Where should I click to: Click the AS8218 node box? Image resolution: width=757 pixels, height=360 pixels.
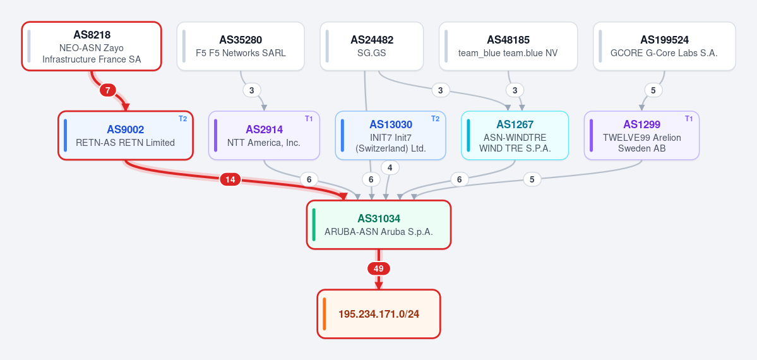point(92,46)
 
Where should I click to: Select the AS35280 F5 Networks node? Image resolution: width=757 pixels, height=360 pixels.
point(241,46)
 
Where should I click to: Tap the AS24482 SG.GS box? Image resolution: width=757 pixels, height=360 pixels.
point(372,46)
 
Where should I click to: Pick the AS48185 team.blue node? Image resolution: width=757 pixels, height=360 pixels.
point(508,46)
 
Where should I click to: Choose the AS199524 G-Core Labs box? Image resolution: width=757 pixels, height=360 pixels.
point(664,46)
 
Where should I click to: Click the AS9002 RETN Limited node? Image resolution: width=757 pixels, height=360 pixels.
point(126,135)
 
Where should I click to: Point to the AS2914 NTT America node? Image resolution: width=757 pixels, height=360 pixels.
point(264,135)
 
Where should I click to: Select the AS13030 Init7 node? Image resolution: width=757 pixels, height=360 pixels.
point(391,135)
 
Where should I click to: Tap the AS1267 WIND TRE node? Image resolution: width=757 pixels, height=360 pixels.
point(515,135)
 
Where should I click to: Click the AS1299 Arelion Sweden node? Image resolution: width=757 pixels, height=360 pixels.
point(641,135)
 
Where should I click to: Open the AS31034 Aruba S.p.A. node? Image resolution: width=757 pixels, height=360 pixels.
point(379,225)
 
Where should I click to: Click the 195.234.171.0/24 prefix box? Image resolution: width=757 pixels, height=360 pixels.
point(379,314)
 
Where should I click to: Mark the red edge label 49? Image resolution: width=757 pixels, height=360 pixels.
point(379,268)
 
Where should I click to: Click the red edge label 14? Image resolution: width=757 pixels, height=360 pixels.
point(230,180)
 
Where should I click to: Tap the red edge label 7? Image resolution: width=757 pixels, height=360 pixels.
point(108,90)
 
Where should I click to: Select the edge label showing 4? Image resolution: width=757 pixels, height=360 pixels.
point(390,167)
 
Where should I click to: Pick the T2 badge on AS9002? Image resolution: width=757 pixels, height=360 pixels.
point(182,119)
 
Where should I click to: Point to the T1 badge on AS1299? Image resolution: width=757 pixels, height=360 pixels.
point(689,119)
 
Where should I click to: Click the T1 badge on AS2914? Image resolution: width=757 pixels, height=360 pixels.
point(309,119)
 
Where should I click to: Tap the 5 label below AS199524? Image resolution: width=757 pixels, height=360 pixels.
point(653,90)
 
